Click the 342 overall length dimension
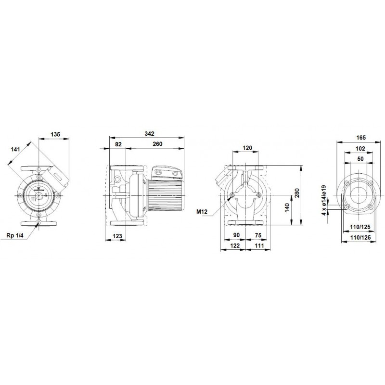click(x=149, y=134)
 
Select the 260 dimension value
click(x=157, y=144)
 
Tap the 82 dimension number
click(x=118, y=144)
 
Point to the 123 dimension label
click(x=117, y=236)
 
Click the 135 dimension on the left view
click(x=55, y=134)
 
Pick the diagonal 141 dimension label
click(x=15, y=149)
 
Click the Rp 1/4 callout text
click(x=15, y=236)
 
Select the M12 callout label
click(x=202, y=211)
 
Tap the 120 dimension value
click(x=247, y=148)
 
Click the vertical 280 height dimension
click(x=297, y=193)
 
